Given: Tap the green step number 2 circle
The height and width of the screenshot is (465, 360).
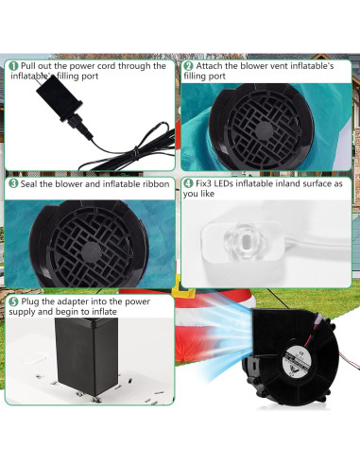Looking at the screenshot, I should tap(188, 66).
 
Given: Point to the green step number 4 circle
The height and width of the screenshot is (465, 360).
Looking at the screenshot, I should tap(188, 183).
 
